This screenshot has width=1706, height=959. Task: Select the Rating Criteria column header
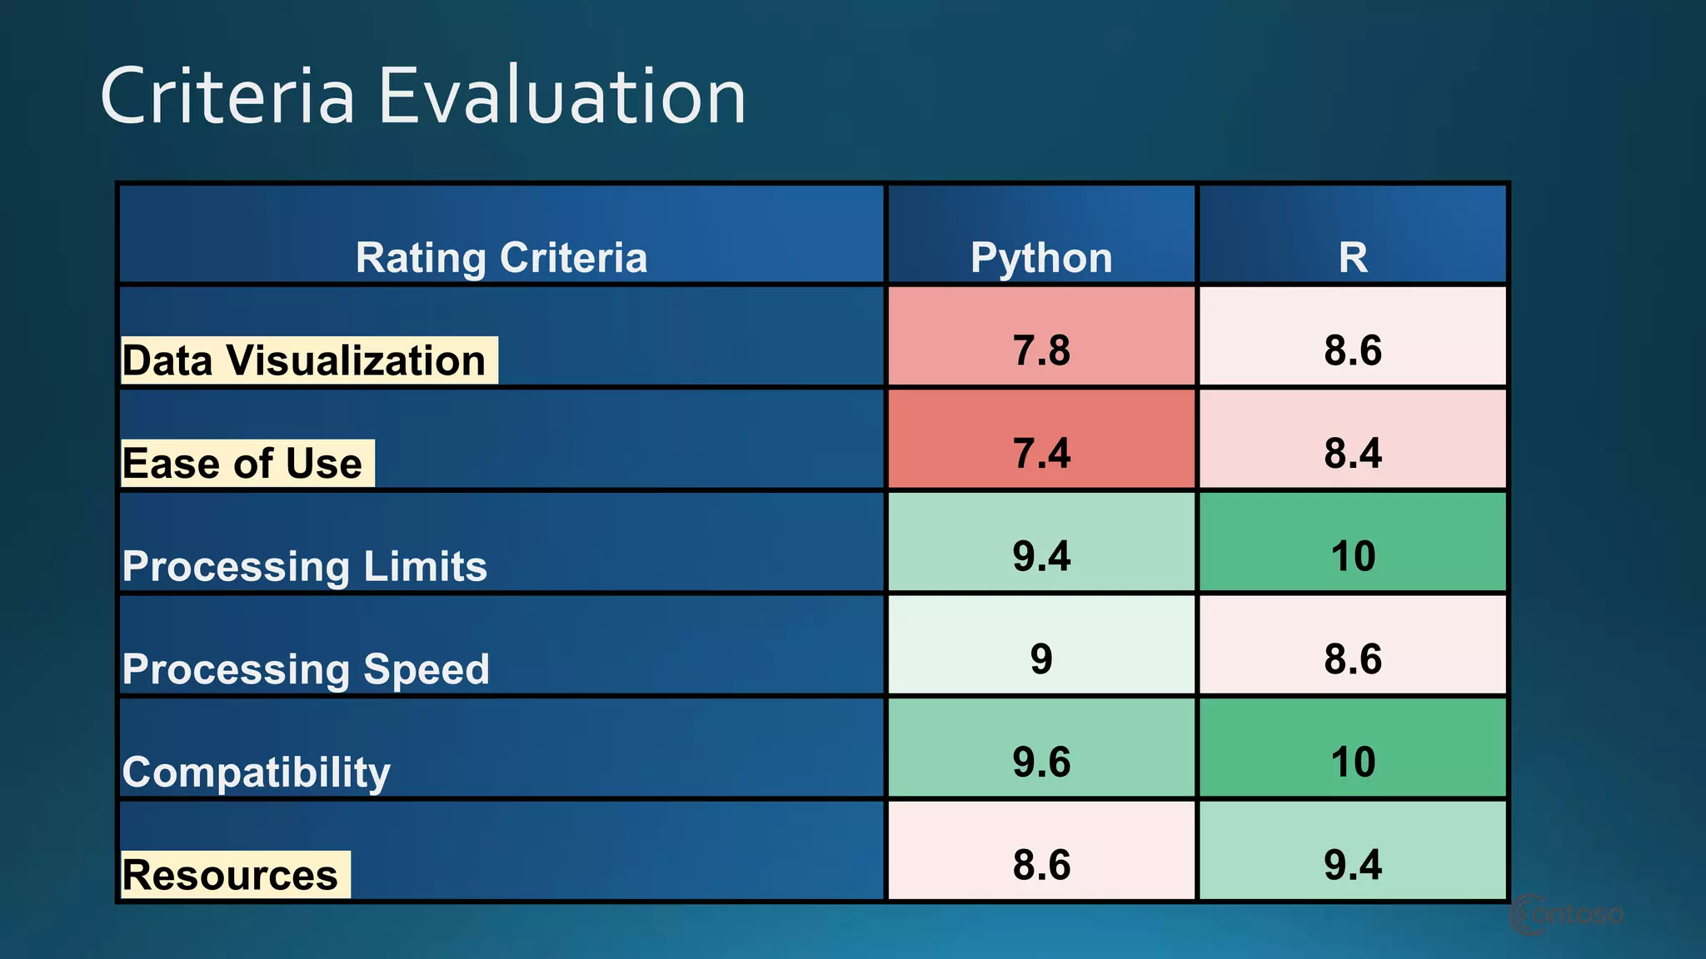click(501, 257)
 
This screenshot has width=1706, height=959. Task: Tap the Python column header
click(1041, 257)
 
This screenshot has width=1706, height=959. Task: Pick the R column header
click(1353, 257)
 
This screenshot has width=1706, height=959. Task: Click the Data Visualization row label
click(305, 360)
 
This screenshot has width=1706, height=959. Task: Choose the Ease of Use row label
click(243, 464)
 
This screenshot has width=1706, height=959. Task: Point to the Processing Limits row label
click(305, 566)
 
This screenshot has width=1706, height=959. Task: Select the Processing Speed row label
click(306, 669)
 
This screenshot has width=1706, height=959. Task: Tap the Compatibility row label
click(257, 772)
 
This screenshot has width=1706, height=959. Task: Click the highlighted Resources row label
click(231, 875)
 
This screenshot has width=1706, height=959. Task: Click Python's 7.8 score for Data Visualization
click(1041, 350)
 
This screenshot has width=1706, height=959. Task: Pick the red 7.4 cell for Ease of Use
click(1041, 453)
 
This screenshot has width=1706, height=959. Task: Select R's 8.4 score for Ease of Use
click(1353, 453)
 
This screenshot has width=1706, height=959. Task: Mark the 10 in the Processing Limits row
click(1353, 555)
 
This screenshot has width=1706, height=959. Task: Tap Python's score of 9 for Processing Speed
click(1041, 658)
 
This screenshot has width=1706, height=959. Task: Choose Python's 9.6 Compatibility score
click(1041, 762)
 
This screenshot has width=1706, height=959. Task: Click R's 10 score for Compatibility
click(1353, 762)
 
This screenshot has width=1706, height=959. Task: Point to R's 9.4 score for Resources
click(1353, 864)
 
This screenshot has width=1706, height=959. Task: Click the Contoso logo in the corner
click(1566, 915)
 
